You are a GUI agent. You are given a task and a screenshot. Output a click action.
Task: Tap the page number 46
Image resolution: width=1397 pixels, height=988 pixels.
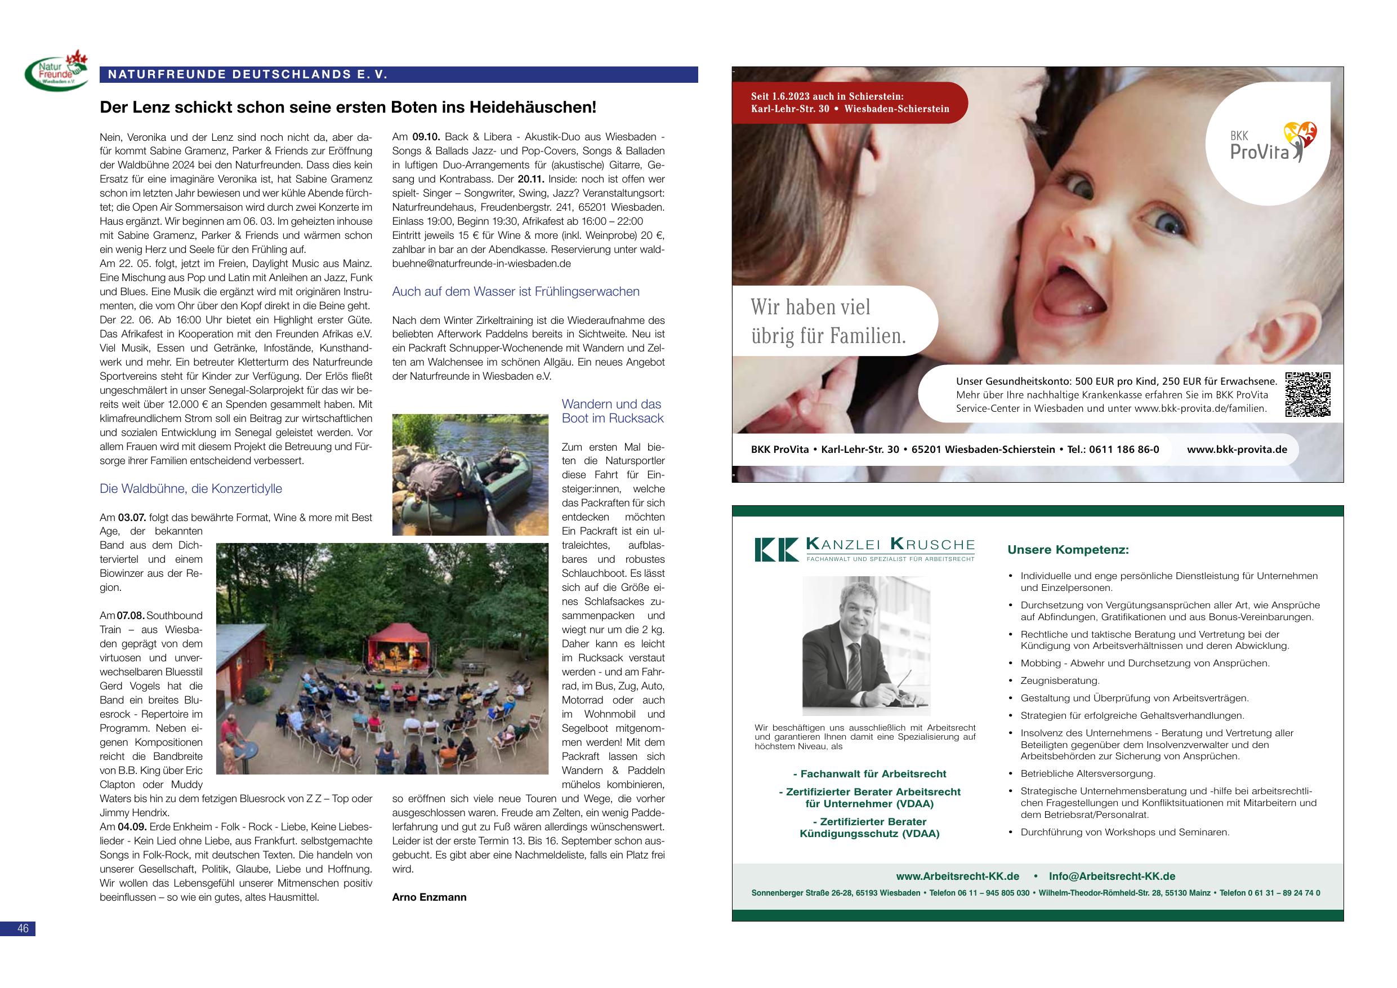coord(23,928)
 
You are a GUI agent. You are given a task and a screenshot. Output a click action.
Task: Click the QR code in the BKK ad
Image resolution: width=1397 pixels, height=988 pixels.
coord(1307,394)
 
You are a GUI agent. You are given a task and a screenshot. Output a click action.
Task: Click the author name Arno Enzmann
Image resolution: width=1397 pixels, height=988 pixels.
coord(429,897)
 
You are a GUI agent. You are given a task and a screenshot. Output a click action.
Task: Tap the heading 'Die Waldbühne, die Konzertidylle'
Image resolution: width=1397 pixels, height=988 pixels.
coord(190,488)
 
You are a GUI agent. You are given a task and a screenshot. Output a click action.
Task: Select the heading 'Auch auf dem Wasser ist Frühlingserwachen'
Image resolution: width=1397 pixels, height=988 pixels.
coord(515,292)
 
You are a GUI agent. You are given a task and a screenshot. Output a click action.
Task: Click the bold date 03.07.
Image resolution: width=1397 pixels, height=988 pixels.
coord(132,518)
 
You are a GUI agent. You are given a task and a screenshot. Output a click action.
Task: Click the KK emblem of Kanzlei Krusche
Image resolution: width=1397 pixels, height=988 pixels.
coord(776,549)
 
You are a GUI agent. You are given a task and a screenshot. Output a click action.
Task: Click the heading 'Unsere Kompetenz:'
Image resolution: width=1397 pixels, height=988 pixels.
coord(1068,550)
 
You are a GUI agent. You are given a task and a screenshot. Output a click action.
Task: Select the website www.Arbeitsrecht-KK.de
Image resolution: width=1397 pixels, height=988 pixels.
coord(957,876)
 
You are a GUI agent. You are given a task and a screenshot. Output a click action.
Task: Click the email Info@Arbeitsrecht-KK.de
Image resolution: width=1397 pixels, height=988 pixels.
coord(1112,876)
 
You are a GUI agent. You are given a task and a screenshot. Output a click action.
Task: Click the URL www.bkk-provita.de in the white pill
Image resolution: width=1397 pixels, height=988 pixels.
coord(1237,450)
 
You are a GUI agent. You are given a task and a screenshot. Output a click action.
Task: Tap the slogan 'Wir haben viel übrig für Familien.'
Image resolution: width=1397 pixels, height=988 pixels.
coord(828,321)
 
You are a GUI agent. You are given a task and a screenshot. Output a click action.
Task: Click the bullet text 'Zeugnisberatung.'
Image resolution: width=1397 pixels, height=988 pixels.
coord(1060,680)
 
